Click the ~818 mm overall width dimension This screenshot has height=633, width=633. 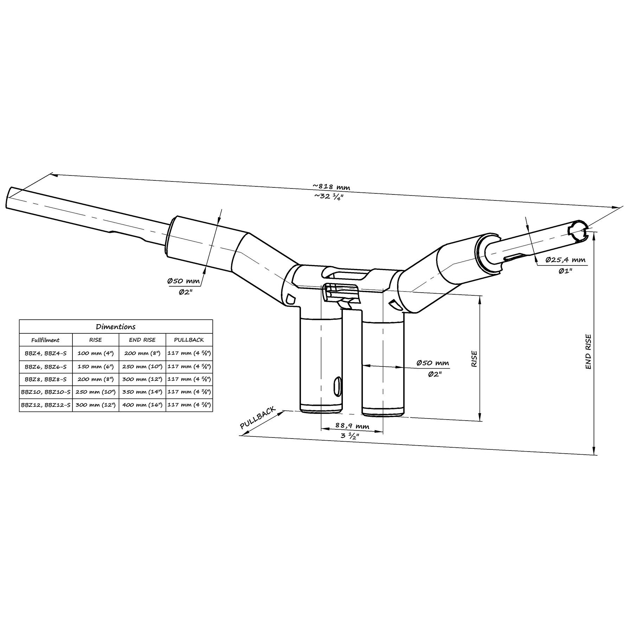[x=331, y=187]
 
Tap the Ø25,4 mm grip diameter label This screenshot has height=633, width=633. [x=565, y=260]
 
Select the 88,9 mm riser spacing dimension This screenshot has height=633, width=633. [x=352, y=426]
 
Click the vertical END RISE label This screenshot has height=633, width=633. [x=588, y=352]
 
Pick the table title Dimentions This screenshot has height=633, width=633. [x=116, y=327]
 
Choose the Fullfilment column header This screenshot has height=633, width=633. [x=45, y=340]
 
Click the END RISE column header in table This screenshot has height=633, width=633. [x=142, y=340]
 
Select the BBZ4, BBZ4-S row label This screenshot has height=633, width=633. [x=45, y=353]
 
